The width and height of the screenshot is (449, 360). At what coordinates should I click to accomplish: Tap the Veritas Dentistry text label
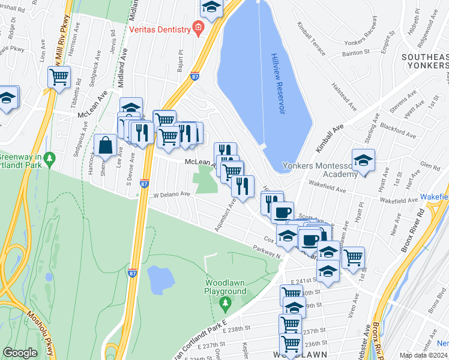point(158,28)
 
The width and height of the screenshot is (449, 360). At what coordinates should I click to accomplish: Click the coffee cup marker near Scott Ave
point(282,212)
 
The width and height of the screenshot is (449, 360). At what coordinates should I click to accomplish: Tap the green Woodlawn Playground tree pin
point(224,302)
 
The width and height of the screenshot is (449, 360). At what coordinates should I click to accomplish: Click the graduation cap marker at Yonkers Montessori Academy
point(363,161)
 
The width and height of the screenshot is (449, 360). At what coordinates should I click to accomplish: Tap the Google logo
point(20,353)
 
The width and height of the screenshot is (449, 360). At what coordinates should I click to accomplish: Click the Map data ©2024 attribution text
point(424,355)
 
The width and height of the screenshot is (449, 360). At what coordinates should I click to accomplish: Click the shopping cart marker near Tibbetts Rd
point(59,77)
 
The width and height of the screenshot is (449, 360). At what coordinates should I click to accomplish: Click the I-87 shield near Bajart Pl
point(194,76)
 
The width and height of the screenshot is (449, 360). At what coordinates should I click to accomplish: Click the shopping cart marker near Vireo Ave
point(353,257)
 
